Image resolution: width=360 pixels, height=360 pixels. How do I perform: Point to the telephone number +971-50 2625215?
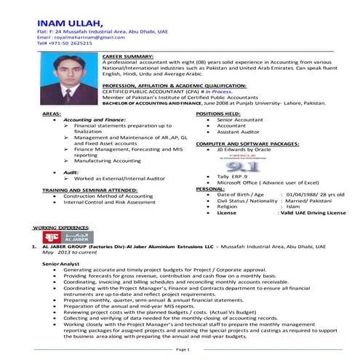tap(65, 44)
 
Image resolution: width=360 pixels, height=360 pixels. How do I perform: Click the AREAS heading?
tap(51, 115)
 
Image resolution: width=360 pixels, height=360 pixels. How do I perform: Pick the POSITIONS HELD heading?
tap(219, 115)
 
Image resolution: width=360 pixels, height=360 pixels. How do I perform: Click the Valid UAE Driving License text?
tap(313, 213)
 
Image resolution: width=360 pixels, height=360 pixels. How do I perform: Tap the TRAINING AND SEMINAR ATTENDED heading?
tap(89, 189)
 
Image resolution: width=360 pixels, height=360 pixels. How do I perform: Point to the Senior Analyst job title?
tap(60, 263)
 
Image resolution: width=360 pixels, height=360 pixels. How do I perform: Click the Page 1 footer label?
tap(183, 350)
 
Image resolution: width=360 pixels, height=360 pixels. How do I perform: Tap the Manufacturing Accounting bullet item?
tap(105, 161)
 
